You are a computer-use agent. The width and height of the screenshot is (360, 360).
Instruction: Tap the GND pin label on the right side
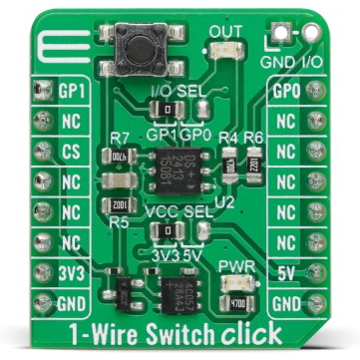pyautogui.click(x=287, y=302)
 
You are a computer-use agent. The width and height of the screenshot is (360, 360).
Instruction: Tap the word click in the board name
pyautogui.click(x=249, y=333)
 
